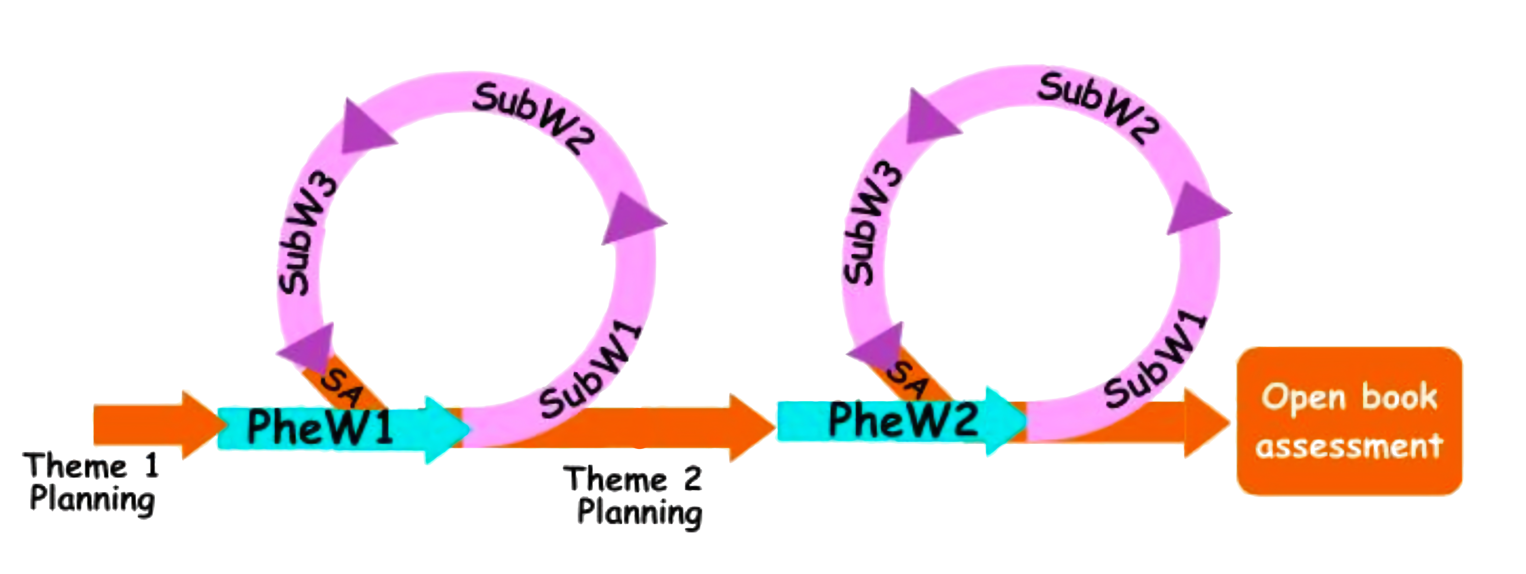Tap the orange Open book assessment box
[x=1349, y=421]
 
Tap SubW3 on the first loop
[x=305, y=237]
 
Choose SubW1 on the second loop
[x=1155, y=362]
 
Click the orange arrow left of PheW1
[x=154, y=424]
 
